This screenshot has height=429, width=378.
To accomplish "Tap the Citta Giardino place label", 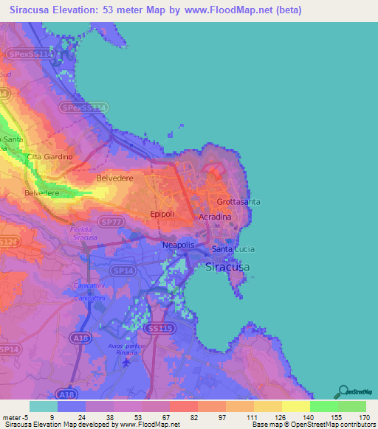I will [x=49, y=157].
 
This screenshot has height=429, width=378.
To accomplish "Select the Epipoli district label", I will [x=162, y=214].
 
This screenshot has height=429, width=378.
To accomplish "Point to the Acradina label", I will [x=214, y=217].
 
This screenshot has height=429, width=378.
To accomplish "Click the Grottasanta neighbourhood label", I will [x=238, y=201].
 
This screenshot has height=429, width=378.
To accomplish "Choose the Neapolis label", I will [x=178, y=245].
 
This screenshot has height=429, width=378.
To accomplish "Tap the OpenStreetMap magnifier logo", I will [x=341, y=391].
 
